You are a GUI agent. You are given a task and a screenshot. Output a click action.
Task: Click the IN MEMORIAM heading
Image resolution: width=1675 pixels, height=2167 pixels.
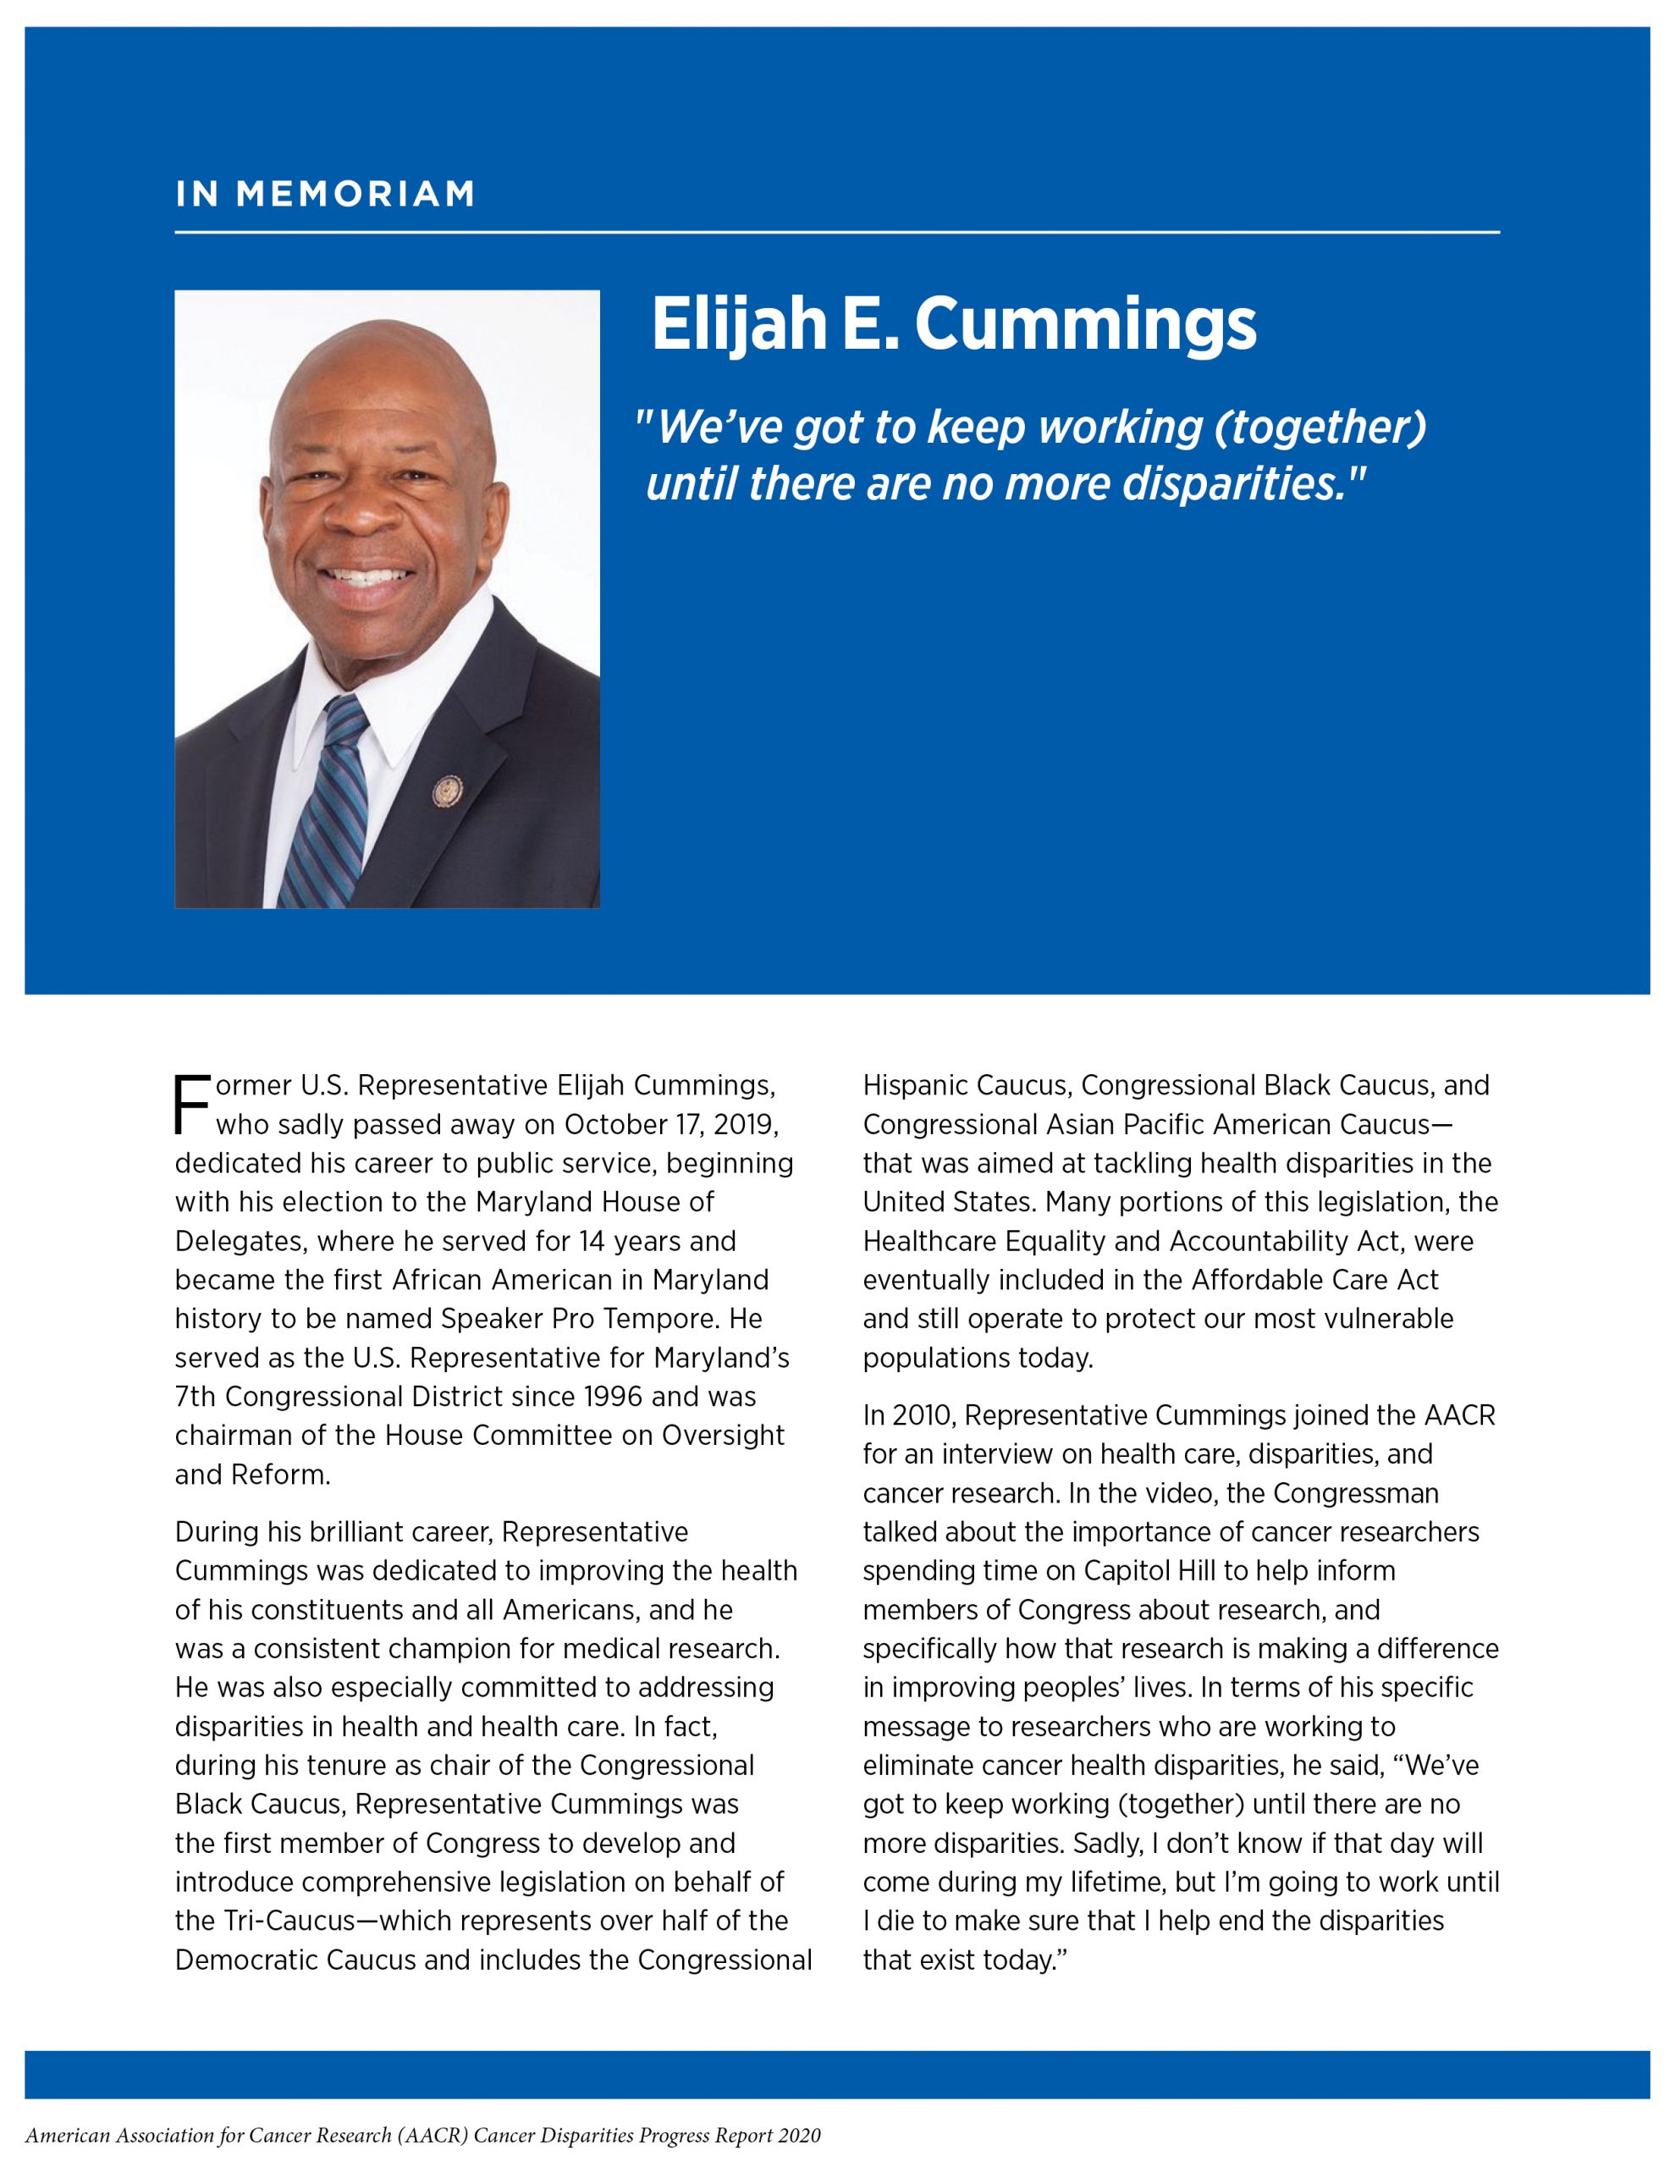pyautogui.click(x=326, y=195)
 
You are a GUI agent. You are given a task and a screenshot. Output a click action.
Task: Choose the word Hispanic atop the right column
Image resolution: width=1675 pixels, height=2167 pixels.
pyautogui.click(x=915, y=1085)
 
